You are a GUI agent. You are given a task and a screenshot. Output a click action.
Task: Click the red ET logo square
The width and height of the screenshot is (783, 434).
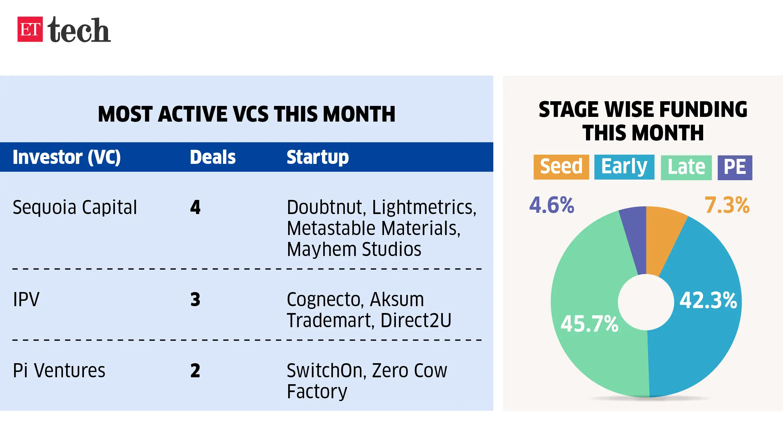pyautogui.click(x=30, y=29)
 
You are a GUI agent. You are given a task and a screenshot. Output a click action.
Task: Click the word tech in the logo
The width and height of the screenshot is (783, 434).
pyautogui.click(x=79, y=30)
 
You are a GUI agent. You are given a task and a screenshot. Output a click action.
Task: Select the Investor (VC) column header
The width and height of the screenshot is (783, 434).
pyautogui.click(x=67, y=157)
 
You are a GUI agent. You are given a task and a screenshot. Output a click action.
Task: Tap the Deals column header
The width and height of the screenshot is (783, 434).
pyautogui.click(x=213, y=157)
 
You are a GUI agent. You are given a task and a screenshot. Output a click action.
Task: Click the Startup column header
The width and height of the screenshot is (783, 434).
pyautogui.click(x=318, y=157)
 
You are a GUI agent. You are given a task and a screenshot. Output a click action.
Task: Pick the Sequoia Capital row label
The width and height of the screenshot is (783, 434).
pyautogui.click(x=75, y=207)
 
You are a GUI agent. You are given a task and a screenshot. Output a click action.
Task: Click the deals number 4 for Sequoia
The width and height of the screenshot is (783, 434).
pyautogui.click(x=195, y=207)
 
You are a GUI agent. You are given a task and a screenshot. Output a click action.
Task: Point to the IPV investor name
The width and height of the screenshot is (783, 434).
pyautogui.click(x=26, y=299)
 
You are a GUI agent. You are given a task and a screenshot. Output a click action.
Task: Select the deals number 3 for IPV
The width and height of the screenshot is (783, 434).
pyautogui.click(x=195, y=299)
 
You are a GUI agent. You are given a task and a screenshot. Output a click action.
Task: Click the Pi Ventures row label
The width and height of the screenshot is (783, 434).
pyautogui.click(x=59, y=370)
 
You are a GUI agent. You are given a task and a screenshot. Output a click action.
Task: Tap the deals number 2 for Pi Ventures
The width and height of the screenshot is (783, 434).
pyautogui.click(x=195, y=370)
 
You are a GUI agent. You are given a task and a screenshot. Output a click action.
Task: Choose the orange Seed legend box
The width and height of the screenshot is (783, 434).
pyautogui.click(x=561, y=167)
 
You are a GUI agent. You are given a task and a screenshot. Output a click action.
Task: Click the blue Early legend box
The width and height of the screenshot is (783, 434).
pyautogui.click(x=624, y=167)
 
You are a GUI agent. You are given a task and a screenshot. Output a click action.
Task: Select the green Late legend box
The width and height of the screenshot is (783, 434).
pyautogui.click(x=686, y=167)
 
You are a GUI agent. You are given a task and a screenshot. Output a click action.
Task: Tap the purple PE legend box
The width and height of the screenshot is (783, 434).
pyautogui.click(x=734, y=167)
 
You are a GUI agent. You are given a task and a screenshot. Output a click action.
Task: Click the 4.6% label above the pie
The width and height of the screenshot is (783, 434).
pyautogui.click(x=552, y=205)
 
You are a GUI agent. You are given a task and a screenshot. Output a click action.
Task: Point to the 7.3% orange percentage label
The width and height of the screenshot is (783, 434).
pyautogui.click(x=727, y=205)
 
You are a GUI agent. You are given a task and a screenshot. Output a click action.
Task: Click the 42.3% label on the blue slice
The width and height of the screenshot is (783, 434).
pyautogui.click(x=708, y=300)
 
